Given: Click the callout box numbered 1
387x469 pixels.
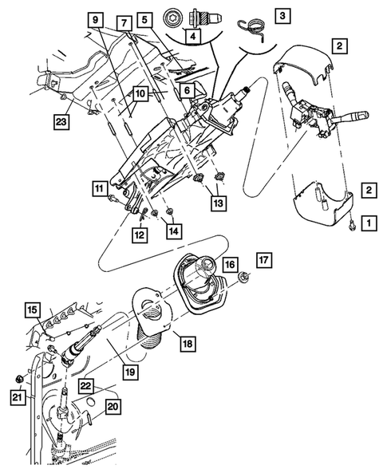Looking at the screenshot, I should coord(368,225).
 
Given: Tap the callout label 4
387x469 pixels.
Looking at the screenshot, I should coord(191,35).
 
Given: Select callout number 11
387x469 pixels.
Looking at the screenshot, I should coord(99,190).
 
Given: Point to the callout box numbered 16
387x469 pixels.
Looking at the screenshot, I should coord(229,264).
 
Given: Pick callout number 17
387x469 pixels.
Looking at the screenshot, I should coord(264,259).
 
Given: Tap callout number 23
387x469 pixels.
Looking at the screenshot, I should coord(61,122).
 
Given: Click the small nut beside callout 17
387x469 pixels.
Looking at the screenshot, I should coord(244,278).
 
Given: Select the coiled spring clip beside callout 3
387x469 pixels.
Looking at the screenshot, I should coord(253,24).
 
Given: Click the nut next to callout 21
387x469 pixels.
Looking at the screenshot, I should coord(17,378).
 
